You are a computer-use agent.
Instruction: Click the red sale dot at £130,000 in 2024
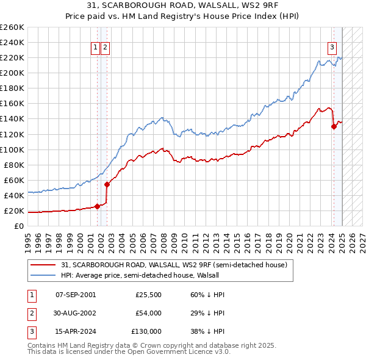click(x=334, y=126)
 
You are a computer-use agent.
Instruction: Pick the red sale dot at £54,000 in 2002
click(x=107, y=184)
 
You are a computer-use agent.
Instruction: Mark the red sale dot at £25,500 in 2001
click(x=97, y=206)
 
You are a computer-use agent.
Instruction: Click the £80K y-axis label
click(x=14, y=165)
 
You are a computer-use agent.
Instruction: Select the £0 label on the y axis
click(x=18, y=226)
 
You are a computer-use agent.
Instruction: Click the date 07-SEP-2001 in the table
click(x=76, y=295)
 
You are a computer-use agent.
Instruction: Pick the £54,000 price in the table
click(x=148, y=313)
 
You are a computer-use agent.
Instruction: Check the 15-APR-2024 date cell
click(x=76, y=331)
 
